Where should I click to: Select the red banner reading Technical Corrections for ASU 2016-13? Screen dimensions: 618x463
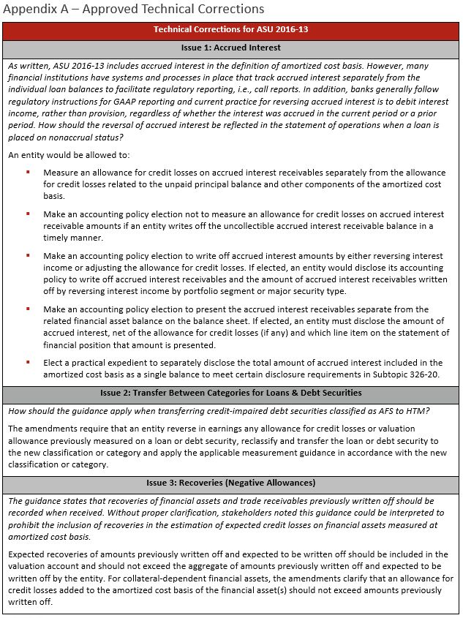point(231,30)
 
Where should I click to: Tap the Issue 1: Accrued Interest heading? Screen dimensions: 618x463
point(231,48)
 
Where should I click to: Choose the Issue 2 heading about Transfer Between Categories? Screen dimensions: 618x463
point(231,393)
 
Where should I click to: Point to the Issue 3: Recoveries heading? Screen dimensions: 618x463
point(231,483)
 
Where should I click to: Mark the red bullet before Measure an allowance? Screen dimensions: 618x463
point(28,173)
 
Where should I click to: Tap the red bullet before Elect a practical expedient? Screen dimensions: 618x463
point(28,363)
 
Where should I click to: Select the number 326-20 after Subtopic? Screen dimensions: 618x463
point(421,374)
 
